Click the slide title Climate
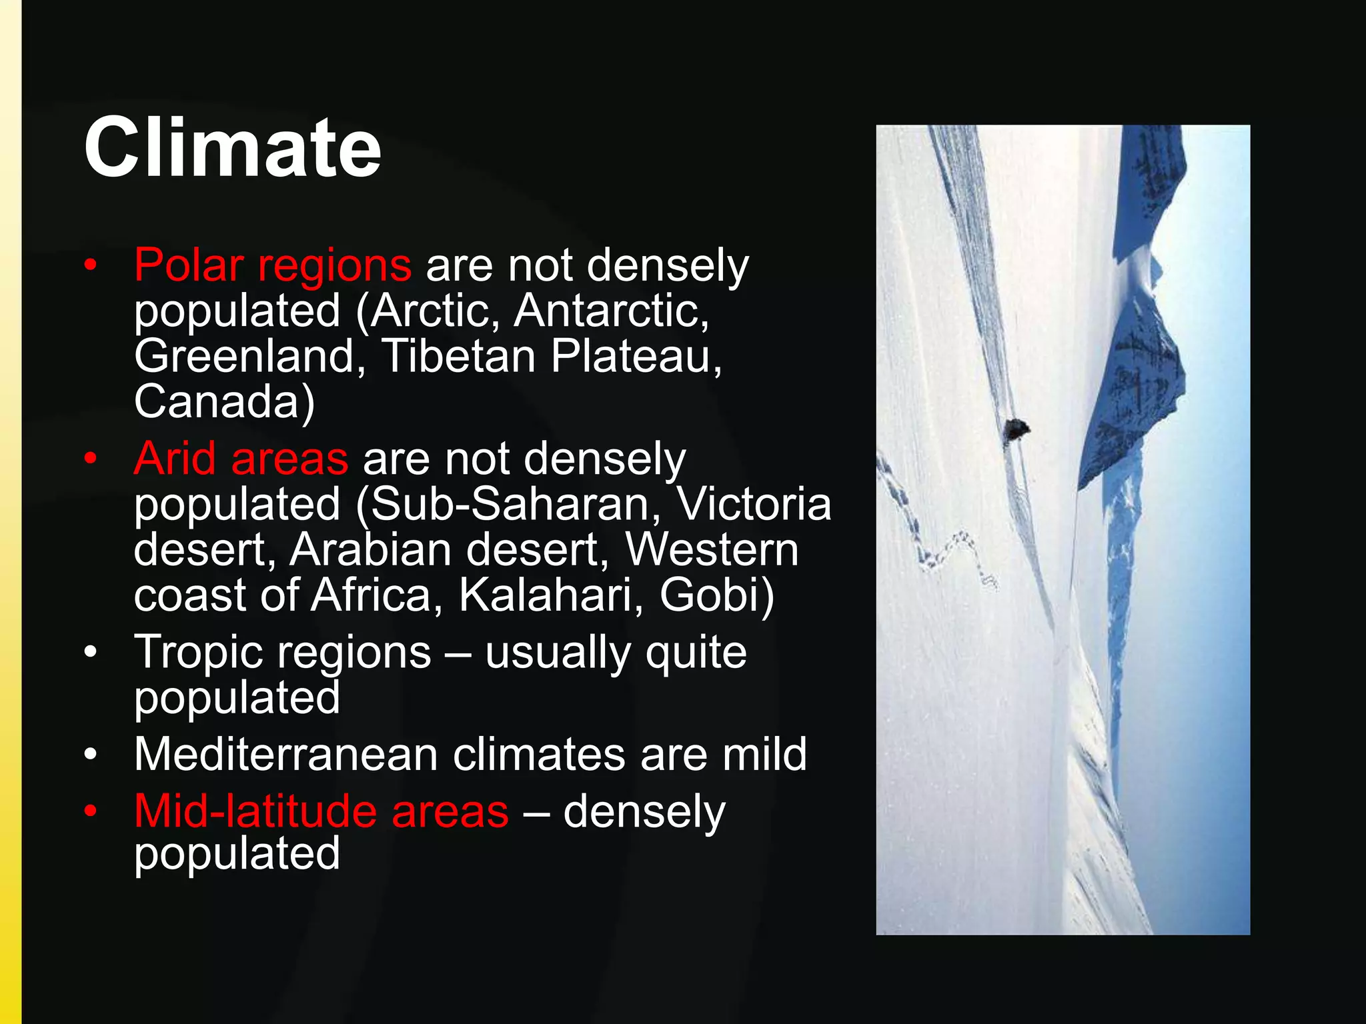tap(232, 147)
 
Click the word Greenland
tap(244, 356)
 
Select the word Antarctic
tap(610, 311)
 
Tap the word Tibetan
tap(459, 356)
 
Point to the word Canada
tap(217, 401)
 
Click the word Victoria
tap(754, 504)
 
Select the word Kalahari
tap(543, 595)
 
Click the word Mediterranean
tap(285, 755)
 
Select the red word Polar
tap(188, 265)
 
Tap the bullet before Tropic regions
tap(91, 652)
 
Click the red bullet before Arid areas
tap(91, 459)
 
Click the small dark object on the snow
tap(1015, 429)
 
